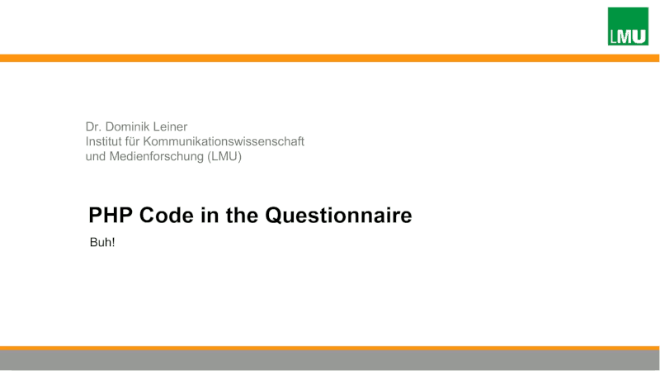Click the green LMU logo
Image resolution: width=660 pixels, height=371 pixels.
coord(628,26)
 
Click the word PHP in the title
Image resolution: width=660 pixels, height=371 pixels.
coord(111,215)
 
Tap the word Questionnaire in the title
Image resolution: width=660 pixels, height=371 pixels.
coord(338,216)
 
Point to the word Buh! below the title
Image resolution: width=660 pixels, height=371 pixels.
coord(102,242)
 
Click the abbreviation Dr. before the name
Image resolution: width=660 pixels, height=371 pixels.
coord(93,126)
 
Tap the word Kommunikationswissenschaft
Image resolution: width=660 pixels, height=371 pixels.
coord(224,141)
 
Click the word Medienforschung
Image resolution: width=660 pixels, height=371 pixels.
coord(157,156)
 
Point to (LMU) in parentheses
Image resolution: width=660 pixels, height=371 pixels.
coord(224,156)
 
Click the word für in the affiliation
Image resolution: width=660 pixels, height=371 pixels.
coord(133,141)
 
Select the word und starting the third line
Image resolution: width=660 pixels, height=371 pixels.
coord(96,156)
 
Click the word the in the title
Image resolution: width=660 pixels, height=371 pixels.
coord(242,215)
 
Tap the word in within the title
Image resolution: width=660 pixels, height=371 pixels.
coord(210,215)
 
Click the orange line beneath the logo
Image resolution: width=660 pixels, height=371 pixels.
coord(329,58)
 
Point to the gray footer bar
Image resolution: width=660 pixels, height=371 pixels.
coord(329,360)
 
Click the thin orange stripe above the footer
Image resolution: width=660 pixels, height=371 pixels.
coord(329,348)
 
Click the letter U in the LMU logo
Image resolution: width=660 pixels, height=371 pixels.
coord(639,36)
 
